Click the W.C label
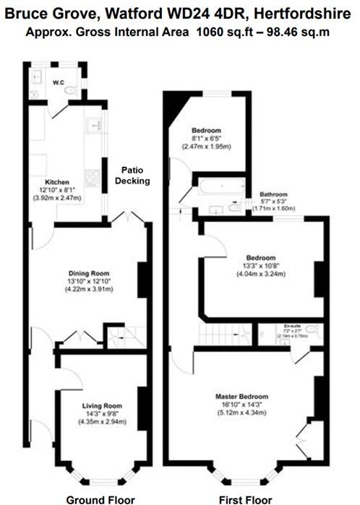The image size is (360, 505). click(59, 82)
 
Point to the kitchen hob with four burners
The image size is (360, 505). click(93, 176)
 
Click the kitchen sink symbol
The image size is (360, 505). click(93, 127)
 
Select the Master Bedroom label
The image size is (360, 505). click(241, 397)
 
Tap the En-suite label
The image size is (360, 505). click(292, 327)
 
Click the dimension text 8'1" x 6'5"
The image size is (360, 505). click(206, 139)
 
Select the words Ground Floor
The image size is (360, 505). click(100, 498)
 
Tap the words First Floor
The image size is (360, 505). click(245, 498)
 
